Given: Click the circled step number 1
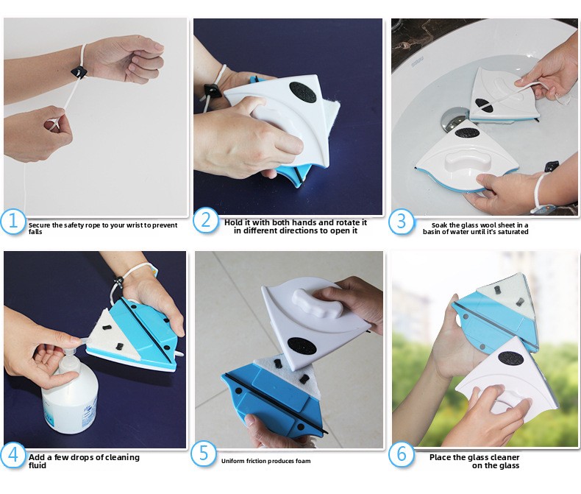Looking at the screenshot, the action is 13,222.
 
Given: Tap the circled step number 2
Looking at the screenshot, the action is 206,220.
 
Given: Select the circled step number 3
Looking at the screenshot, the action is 402,222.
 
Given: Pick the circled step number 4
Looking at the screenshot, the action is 13,455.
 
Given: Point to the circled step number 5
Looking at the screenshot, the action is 204,454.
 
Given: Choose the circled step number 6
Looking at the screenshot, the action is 402,454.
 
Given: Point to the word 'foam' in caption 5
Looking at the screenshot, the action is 303,461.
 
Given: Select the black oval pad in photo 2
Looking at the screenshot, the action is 302,92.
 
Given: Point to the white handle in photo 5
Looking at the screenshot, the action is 318,304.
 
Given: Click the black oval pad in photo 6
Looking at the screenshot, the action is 510,358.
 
